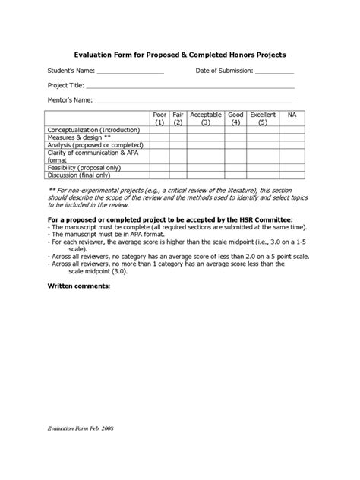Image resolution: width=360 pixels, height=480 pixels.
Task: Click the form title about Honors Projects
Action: [x=179, y=55]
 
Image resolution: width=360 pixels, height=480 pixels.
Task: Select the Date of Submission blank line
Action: [x=273, y=73]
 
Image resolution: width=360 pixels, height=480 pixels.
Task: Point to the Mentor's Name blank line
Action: [x=194, y=101]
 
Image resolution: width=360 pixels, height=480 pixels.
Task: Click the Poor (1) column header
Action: [x=159, y=118]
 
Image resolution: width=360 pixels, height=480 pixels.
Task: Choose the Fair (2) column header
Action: [x=178, y=118]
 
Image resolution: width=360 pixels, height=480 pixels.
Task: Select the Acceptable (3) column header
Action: [x=206, y=118]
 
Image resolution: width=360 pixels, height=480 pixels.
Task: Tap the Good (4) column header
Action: [x=236, y=118]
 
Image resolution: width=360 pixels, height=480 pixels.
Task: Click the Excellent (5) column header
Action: [x=263, y=118]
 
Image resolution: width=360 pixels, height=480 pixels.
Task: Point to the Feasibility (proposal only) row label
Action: [x=84, y=166]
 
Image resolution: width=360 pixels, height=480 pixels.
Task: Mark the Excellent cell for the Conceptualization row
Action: [x=263, y=130]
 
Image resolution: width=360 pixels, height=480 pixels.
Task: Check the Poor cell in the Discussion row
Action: [x=159, y=174]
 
